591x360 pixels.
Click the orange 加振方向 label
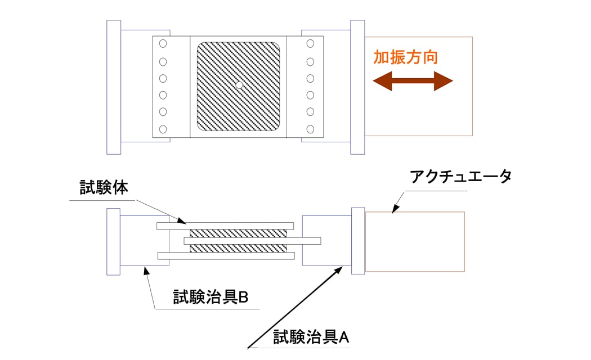tap(405, 58)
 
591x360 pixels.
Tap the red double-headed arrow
tap(413, 82)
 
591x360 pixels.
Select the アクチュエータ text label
tap(460, 176)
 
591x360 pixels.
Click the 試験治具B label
tap(211, 298)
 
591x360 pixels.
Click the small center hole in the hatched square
tap(239, 85)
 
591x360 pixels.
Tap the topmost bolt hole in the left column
tap(163, 43)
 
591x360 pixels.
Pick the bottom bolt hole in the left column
tap(163, 129)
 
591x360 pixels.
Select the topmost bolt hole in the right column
tap(310, 43)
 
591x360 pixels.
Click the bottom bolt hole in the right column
tap(310, 129)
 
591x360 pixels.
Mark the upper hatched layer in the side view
tap(238, 233)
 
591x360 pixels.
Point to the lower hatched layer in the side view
tap(238, 248)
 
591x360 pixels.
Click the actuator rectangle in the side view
tap(415, 241)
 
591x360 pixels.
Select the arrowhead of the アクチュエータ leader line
tap(394, 210)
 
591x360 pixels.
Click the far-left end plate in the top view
tap(114, 87)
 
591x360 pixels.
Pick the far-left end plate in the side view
tap(114, 241)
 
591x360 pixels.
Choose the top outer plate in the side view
tap(225, 226)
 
